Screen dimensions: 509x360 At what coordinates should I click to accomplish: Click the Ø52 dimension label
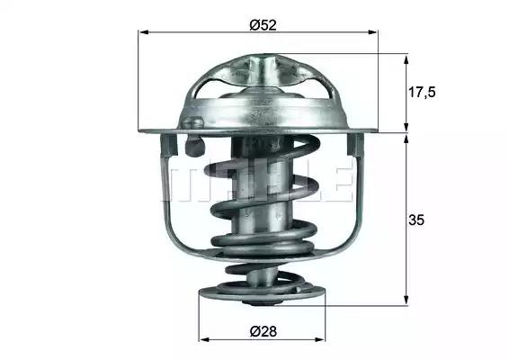click(263, 25)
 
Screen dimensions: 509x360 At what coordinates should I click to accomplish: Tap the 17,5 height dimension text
click(422, 93)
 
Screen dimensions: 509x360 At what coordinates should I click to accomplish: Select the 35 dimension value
click(416, 220)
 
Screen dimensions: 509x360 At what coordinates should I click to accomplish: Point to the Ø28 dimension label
click(263, 332)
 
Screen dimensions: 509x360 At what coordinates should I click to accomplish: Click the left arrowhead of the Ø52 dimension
click(144, 31)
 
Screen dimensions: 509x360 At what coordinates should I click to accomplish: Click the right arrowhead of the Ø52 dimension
click(372, 31)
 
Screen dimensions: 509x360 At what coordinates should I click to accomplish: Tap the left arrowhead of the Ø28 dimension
click(204, 340)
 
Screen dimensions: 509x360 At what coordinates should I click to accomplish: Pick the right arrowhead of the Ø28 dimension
click(320, 340)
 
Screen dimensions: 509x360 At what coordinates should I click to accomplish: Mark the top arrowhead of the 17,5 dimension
click(406, 60)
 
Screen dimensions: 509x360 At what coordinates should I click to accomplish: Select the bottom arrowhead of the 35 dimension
click(406, 300)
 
